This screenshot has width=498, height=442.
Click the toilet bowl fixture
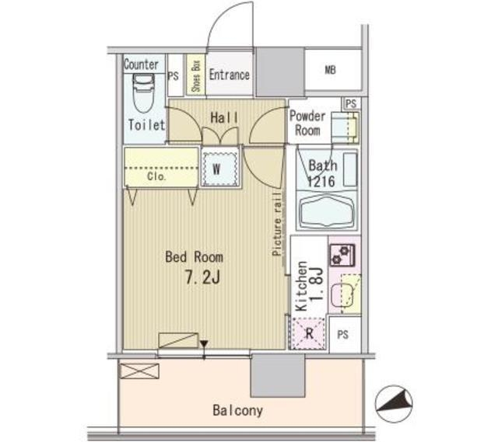143,93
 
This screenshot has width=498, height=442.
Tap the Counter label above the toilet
141,64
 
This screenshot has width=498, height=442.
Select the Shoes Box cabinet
195,75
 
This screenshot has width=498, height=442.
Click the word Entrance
230,75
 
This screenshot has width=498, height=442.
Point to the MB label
330,70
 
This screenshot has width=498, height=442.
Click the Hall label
224,118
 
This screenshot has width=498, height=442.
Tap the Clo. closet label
156,176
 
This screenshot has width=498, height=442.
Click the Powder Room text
307,124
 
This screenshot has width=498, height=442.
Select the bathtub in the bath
327,211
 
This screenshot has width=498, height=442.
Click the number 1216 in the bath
321,182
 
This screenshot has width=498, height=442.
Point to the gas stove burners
342,255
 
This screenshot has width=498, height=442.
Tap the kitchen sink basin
342,295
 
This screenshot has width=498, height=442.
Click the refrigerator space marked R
308,333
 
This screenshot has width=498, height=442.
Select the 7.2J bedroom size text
202,278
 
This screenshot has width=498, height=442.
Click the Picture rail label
277,224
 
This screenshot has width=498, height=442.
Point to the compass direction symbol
394,404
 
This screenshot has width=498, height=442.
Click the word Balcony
238,410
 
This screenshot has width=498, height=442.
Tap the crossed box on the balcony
139,371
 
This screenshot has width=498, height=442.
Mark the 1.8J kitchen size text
317,284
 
